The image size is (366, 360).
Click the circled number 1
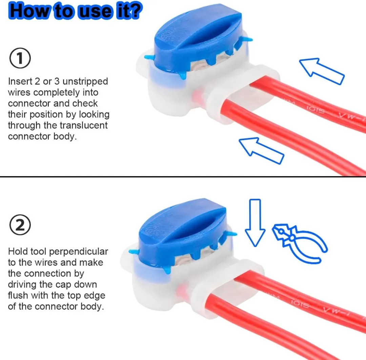tap(20, 58)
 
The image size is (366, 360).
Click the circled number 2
tap(20, 225)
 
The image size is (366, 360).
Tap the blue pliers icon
tap(300, 243)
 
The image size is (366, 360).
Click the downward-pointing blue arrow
tap(255, 223)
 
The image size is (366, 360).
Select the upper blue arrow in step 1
tap(322, 71)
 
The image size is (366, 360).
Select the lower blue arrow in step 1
tap(261, 151)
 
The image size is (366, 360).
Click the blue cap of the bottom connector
tap(183, 234)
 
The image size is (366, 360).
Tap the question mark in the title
tap(135, 11)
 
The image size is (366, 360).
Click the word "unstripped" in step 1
tap(85, 82)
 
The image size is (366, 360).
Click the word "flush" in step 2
tap(18, 296)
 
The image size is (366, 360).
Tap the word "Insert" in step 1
tap(20, 81)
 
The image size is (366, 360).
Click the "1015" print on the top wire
tap(315, 109)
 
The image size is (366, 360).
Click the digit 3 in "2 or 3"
tap(57, 81)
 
